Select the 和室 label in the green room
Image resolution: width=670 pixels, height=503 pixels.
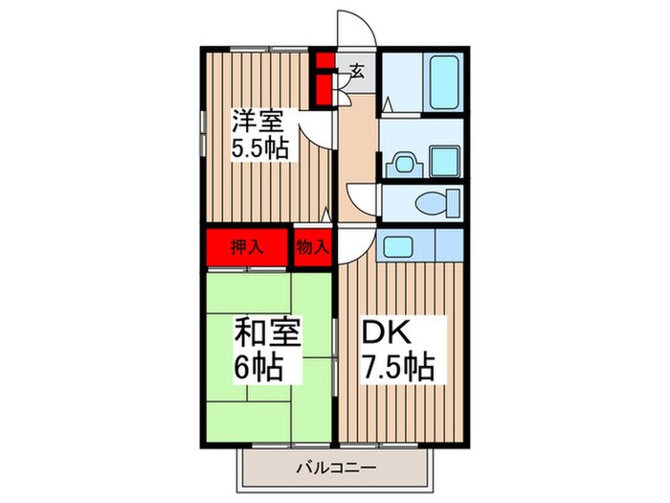[268, 335]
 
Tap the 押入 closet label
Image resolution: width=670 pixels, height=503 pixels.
[246, 246]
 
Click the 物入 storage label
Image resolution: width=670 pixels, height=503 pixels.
[312, 246]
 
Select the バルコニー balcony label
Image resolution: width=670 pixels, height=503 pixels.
[334, 469]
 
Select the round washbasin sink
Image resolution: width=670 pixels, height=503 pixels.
[399, 161]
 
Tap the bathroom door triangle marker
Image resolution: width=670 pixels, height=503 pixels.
[386, 102]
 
